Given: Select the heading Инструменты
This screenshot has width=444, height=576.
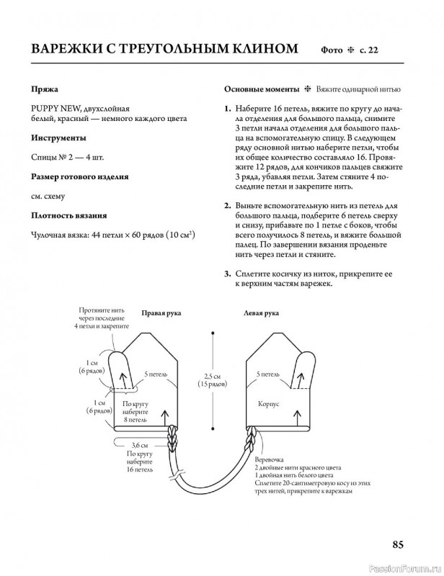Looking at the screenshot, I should pos(59,137).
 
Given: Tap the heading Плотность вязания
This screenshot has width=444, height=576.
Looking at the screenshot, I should pos(70,215).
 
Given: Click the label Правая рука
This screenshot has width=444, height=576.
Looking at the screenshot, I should pos(161,313).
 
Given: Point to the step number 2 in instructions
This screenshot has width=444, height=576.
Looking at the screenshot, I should pos(227,207).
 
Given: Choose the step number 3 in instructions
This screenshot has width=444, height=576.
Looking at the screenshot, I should pos(227,274).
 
